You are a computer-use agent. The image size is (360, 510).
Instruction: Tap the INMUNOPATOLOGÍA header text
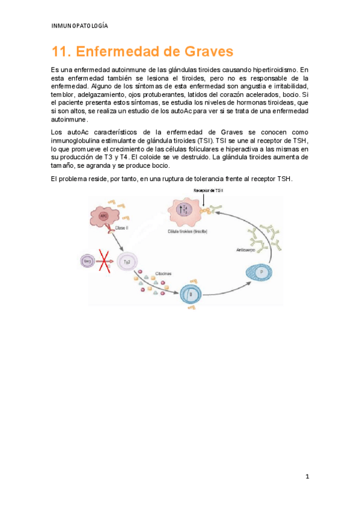80,26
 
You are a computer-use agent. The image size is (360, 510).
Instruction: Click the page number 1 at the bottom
307,477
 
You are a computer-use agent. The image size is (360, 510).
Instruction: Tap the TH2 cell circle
127,262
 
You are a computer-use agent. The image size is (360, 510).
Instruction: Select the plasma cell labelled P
260,273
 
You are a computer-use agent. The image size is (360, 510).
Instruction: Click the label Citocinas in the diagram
163,272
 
